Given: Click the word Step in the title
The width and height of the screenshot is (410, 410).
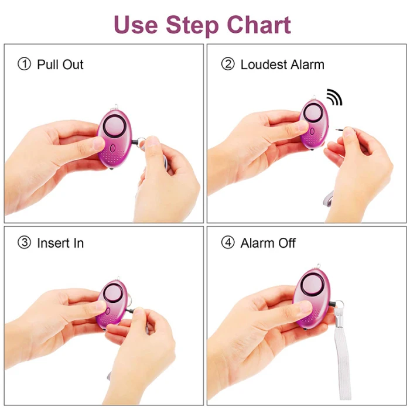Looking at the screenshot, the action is pos(192,26).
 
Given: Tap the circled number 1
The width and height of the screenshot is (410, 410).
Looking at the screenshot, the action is pos(25,64).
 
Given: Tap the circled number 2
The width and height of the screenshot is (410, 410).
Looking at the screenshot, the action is pos(228,64).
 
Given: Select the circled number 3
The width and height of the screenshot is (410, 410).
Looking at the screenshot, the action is pos(25,242).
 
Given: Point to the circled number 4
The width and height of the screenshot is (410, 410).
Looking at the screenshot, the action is pos(228,242).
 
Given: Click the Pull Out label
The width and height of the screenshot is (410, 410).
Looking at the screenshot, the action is pos(60,64).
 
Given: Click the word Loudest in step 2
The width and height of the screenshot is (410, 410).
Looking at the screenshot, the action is pos(264,64).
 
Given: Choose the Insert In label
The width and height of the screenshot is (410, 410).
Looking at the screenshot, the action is pos(60,243).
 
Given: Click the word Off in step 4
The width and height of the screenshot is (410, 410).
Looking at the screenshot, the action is pos(287,243).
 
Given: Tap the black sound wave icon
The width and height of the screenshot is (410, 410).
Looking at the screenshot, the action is pos(335,97).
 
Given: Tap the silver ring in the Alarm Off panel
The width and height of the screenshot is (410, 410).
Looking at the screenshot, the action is pos(339,305).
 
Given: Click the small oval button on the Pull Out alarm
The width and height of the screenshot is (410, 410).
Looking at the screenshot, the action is pos(112,149).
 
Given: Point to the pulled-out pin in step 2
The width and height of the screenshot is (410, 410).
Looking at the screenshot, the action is pos(340,129).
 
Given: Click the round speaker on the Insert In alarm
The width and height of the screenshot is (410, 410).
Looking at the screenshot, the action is pos(112,293).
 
